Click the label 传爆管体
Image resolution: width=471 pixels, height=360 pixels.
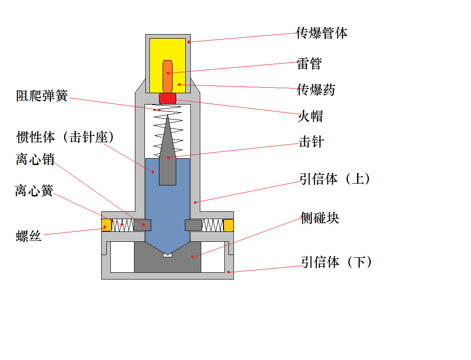coord(322,33)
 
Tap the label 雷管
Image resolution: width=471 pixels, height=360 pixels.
coord(309,64)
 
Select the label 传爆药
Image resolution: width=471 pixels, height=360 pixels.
coord(315,90)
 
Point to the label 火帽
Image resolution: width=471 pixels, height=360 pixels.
coord(310,116)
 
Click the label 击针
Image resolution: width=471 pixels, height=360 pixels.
coord(311,142)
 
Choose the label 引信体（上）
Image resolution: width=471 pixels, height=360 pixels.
coord(335,179)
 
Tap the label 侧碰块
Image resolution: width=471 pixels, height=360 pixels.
coord(320,219)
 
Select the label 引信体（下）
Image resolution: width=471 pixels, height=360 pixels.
coord(337,262)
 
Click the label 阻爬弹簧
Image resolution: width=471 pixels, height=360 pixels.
coord(42,96)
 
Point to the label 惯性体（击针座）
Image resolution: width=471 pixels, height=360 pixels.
coord(65,137)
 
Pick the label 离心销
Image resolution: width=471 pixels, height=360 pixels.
coord(35,160)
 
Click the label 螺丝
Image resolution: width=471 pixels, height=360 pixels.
coord(29,236)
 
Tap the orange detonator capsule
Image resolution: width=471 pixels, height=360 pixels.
coord(168,75)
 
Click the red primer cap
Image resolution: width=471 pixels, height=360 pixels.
coord(167,98)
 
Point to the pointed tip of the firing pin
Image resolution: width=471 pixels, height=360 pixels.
coord(168,117)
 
